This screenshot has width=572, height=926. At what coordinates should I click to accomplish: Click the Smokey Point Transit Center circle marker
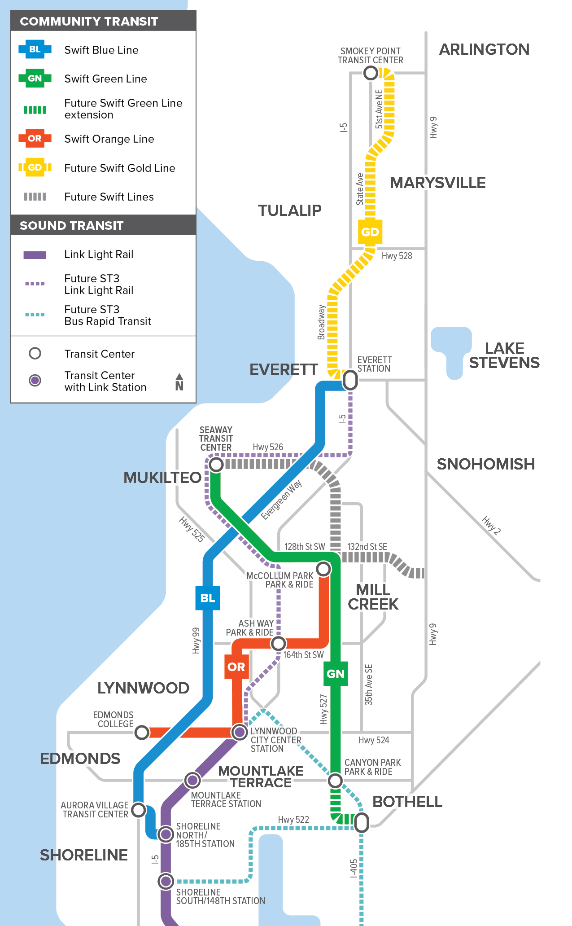(371, 73)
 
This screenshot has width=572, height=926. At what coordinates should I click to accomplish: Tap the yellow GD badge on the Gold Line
(370, 232)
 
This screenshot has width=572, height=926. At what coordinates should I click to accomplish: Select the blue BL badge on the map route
(207, 598)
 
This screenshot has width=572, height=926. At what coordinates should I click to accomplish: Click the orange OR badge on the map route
(236, 667)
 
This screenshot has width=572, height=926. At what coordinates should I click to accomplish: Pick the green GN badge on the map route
(336, 674)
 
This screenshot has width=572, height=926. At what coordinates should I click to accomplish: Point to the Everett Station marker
(350, 381)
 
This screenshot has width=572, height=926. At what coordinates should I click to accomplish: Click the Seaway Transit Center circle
(216, 465)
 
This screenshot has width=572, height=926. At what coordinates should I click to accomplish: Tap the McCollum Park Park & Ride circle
(323, 569)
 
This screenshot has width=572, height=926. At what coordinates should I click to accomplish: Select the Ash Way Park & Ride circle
(279, 643)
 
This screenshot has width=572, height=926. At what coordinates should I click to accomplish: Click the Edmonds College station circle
(142, 732)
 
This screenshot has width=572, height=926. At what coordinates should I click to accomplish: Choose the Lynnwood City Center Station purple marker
(240, 732)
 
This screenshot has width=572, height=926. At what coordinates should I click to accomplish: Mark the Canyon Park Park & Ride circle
(335, 781)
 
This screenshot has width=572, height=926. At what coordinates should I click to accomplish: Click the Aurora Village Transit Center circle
(139, 810)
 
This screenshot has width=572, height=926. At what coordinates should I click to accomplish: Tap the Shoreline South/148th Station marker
(166, 881)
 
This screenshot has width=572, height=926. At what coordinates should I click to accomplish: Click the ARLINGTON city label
(484, 49)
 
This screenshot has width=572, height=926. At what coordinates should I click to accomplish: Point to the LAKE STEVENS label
(504, 355)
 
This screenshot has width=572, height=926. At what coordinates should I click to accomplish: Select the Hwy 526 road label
(268, 447)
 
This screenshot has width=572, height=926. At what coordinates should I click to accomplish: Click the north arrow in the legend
(179, 382)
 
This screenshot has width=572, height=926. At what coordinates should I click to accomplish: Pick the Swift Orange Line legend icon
(35, 139)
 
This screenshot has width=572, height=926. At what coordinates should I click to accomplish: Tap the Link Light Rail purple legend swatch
(35, 255)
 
